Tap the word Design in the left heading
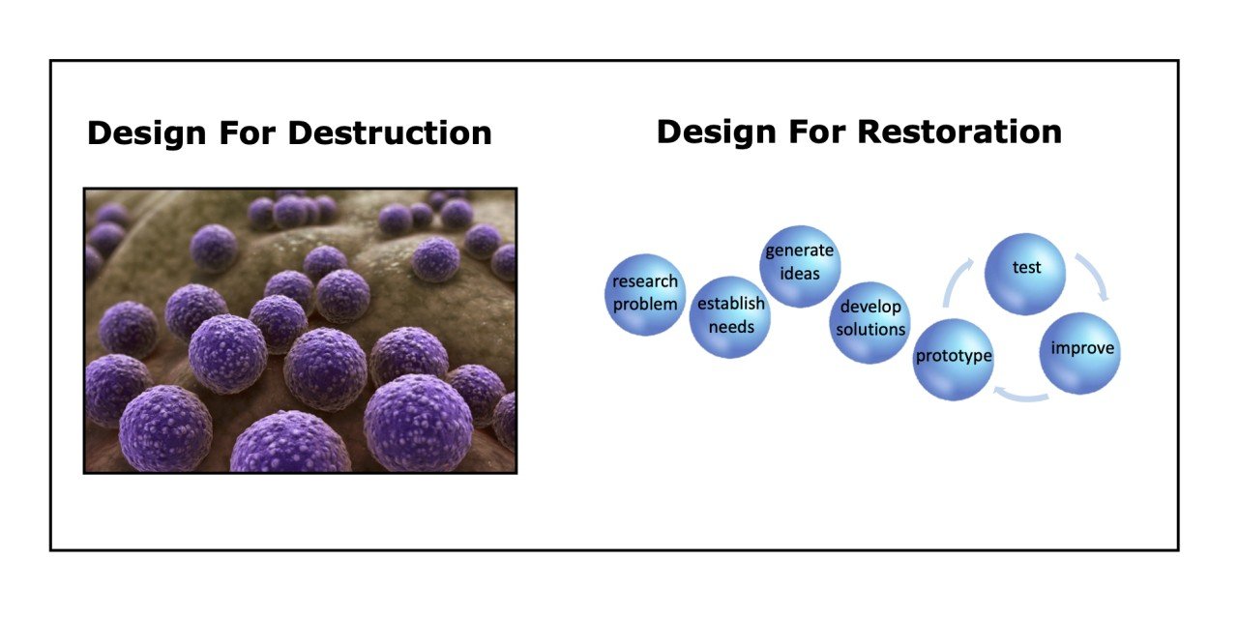point(144,133)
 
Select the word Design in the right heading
point(714,131)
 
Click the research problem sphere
point(645,293)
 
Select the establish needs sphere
point(730,315)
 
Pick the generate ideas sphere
point(800,263)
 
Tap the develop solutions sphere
point(870,320)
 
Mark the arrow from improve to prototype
point(1020,395)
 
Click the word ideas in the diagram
point(800,274)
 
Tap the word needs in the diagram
point(730,326)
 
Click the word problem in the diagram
point(645,304)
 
